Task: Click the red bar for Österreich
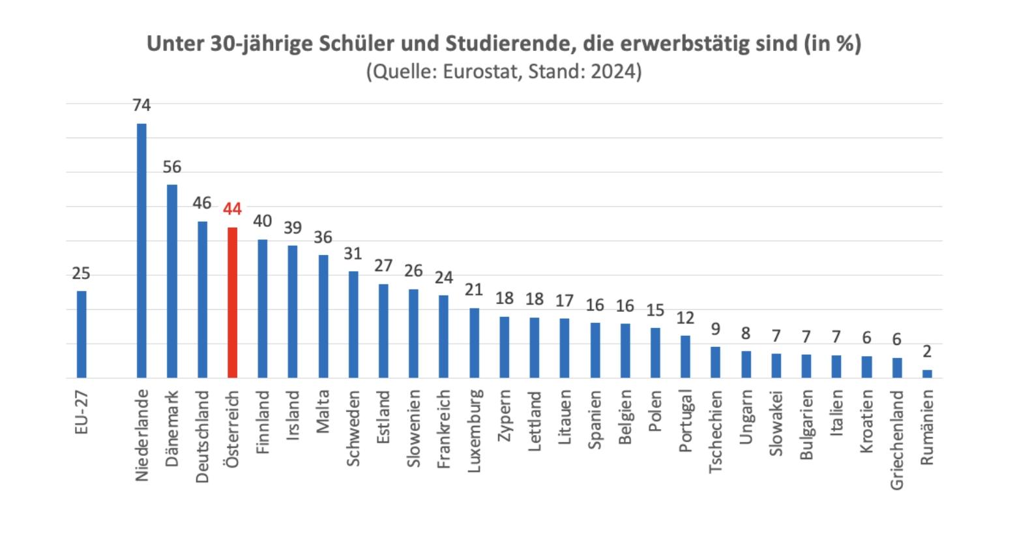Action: point(232,303)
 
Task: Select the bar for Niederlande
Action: point(141,250)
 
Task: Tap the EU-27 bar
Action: point(81,334)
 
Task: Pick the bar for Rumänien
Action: point(927,374)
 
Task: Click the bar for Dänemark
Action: point(172,281)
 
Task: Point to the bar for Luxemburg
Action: point(474,342)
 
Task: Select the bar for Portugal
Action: point(685,356)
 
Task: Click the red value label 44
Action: point(232,209)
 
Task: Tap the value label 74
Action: point(141,105)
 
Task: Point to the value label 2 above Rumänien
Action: point(927,352)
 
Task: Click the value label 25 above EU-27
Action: point(81,273)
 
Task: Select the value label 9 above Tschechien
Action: point(715,329)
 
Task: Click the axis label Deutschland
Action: point(202,436)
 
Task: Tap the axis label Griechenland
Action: point(897,440)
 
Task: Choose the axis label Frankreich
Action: point(444,429)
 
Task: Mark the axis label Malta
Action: point(323,412)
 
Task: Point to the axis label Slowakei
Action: point(776,423)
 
